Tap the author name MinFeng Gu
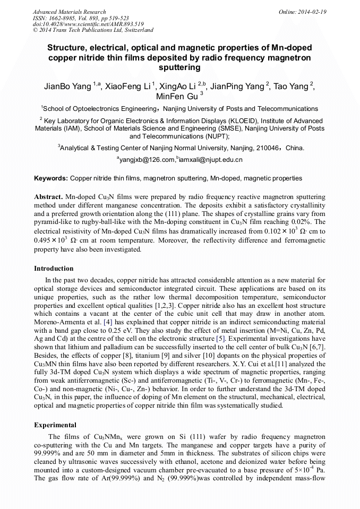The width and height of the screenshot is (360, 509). point(177,97)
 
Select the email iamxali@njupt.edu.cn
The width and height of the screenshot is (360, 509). point(211,160)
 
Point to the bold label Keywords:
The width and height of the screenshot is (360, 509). point(51,178)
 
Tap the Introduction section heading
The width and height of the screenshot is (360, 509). point(54,269)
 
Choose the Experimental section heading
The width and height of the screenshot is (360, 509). point(55,425)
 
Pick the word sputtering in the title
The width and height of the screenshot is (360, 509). point(179,68)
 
